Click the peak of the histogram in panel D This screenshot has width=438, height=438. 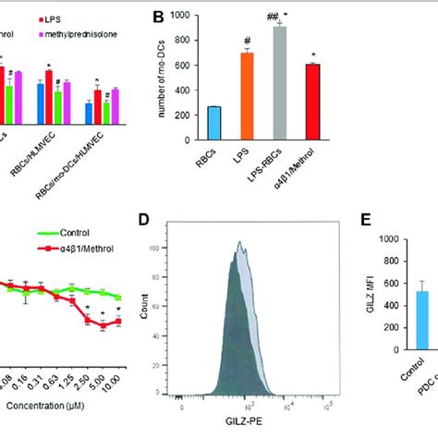click(x=240, y=243)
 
